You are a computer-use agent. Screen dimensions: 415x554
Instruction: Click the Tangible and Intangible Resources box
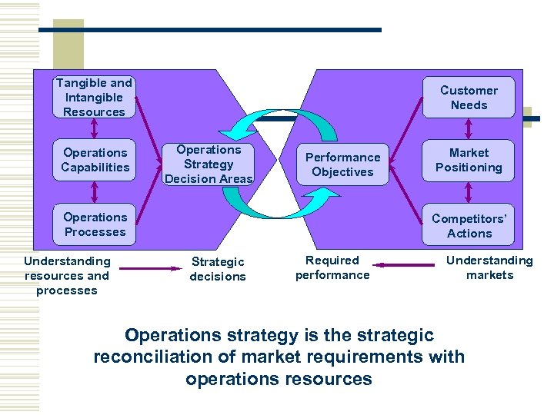click(x=94, y=98)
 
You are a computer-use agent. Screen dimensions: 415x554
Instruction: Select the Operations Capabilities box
click(x=95, y=160)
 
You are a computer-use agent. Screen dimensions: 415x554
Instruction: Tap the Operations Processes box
click(x=95, y=224)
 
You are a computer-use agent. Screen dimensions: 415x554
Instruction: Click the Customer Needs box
click(x=469, y=98)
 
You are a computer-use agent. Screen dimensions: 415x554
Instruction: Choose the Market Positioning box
click(x=469, y=160)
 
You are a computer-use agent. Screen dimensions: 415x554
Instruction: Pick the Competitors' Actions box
click(x=469, y=225)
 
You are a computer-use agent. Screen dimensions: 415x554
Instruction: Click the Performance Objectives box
click(x=342, y=164)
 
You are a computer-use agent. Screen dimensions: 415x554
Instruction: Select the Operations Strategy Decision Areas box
click(x=209, y=164)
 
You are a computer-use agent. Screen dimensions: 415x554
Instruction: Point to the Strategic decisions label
click(x=218, y=269)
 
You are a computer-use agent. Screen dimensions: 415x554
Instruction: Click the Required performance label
click(x=332, y=267)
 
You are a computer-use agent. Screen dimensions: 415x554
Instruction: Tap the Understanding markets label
click(x=489, y=267)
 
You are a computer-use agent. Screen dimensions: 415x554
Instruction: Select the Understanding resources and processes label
click(x=67, y=276)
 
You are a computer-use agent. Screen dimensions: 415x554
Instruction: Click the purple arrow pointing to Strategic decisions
click(x=149, y=268)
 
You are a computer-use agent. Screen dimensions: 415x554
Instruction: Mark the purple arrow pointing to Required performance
click(x=409, y=266)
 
